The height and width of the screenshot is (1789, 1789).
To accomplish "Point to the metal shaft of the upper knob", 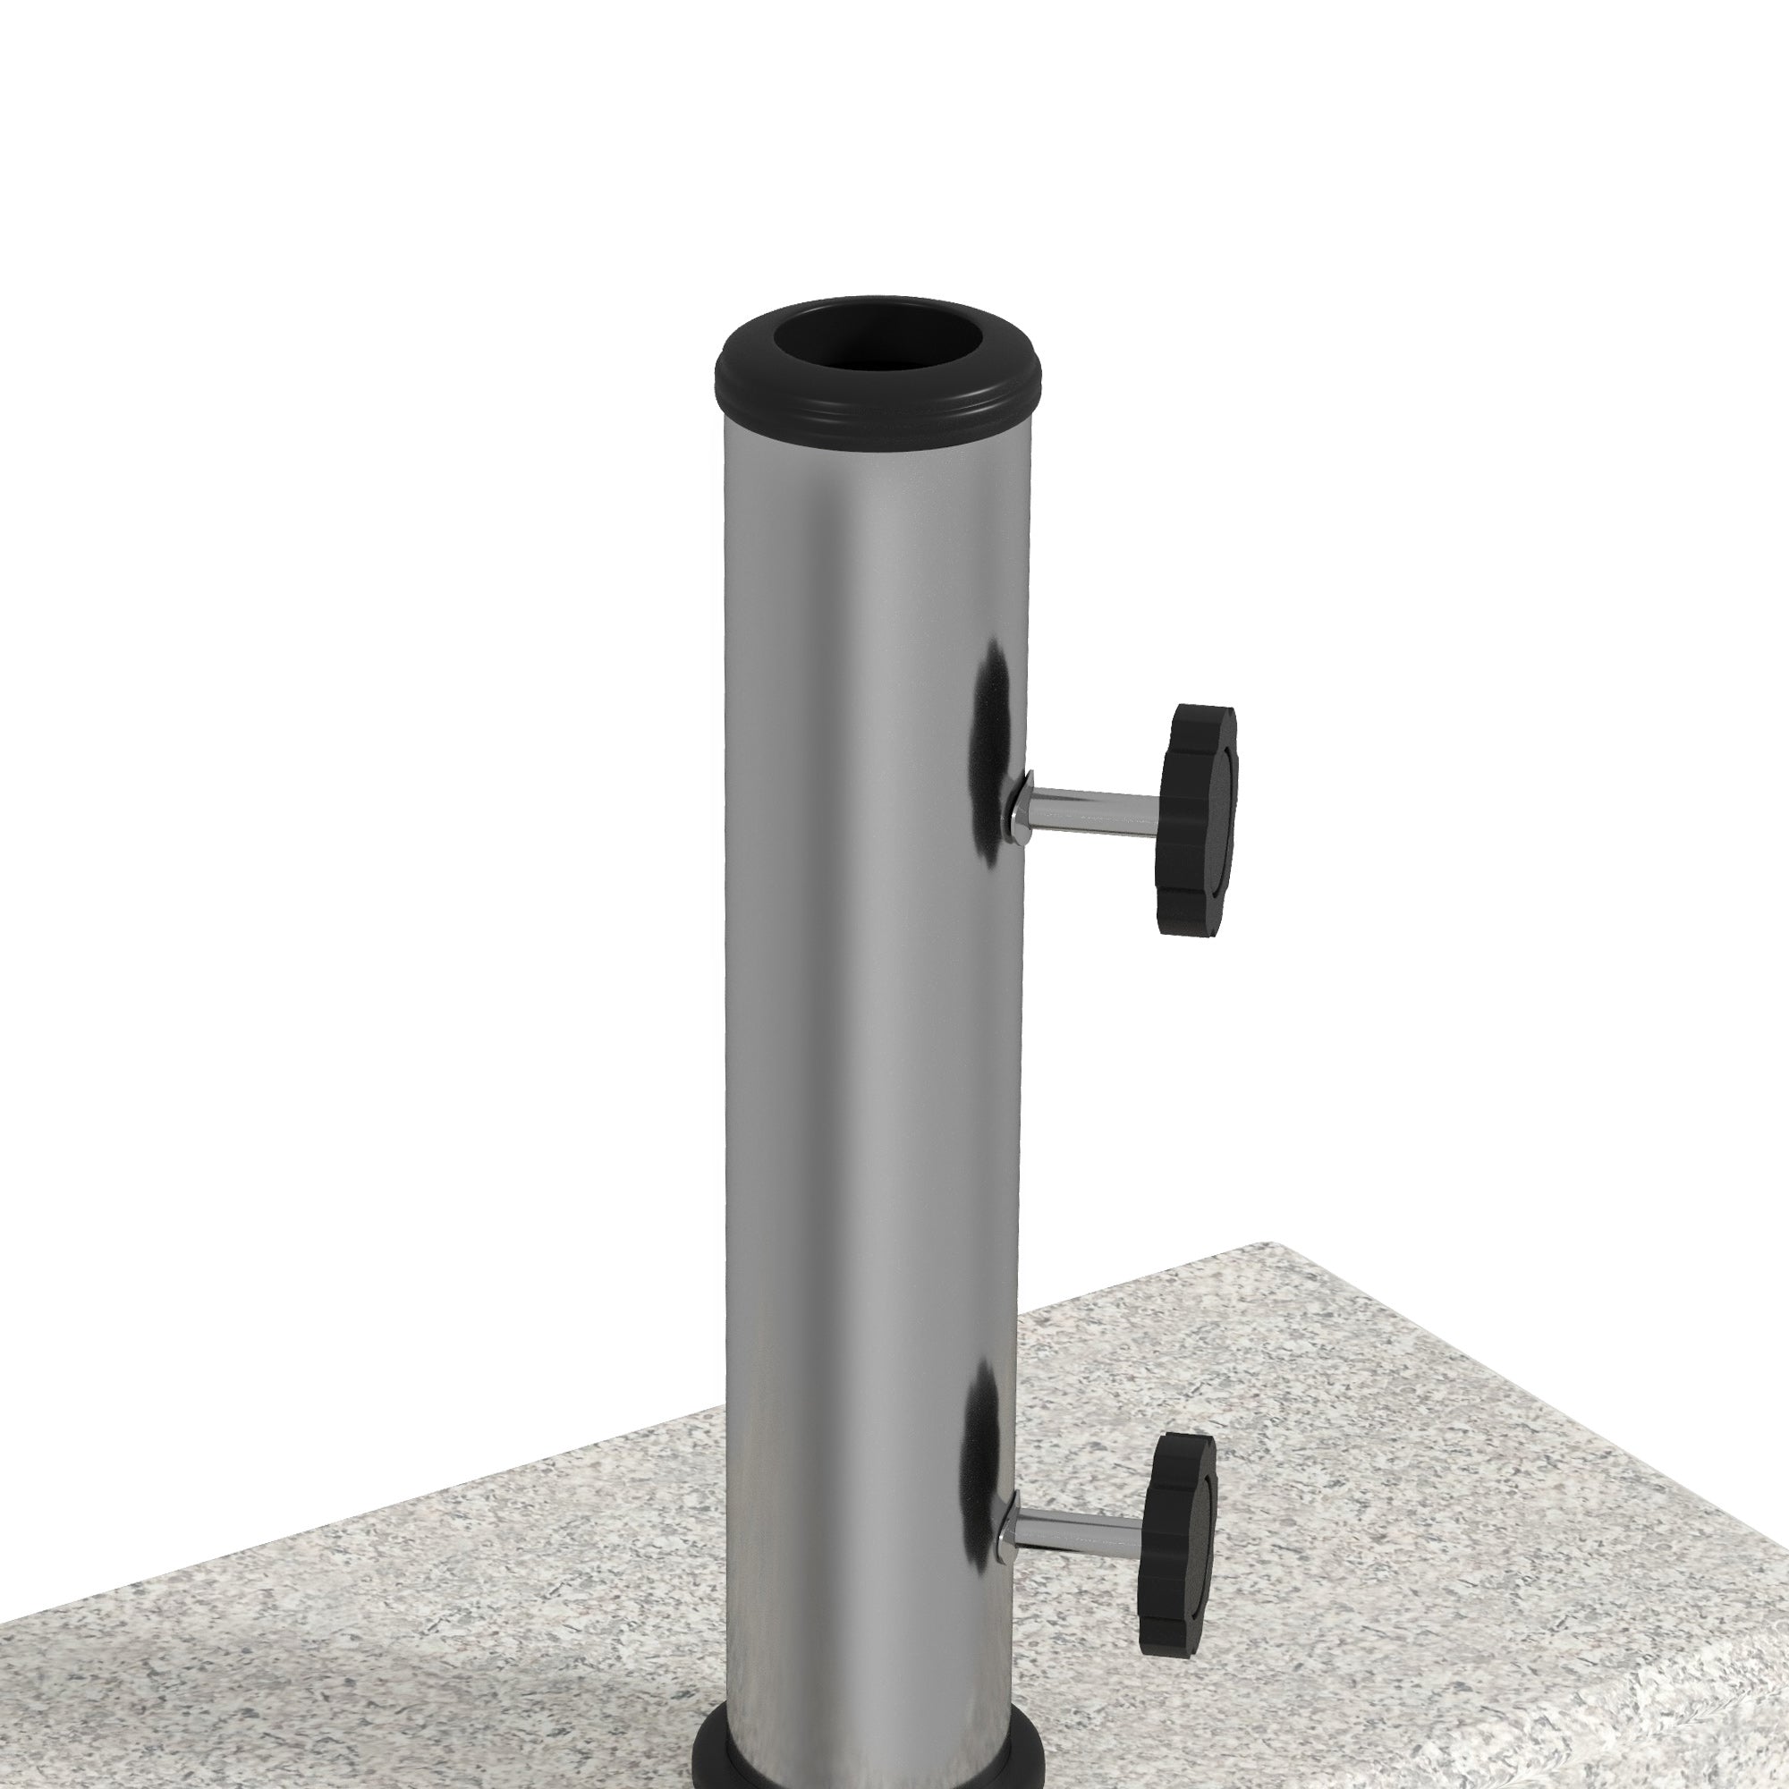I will [1093, 805].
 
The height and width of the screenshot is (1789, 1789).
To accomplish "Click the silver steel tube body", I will [834, 926].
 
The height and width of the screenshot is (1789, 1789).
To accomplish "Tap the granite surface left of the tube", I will [370, 1574].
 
